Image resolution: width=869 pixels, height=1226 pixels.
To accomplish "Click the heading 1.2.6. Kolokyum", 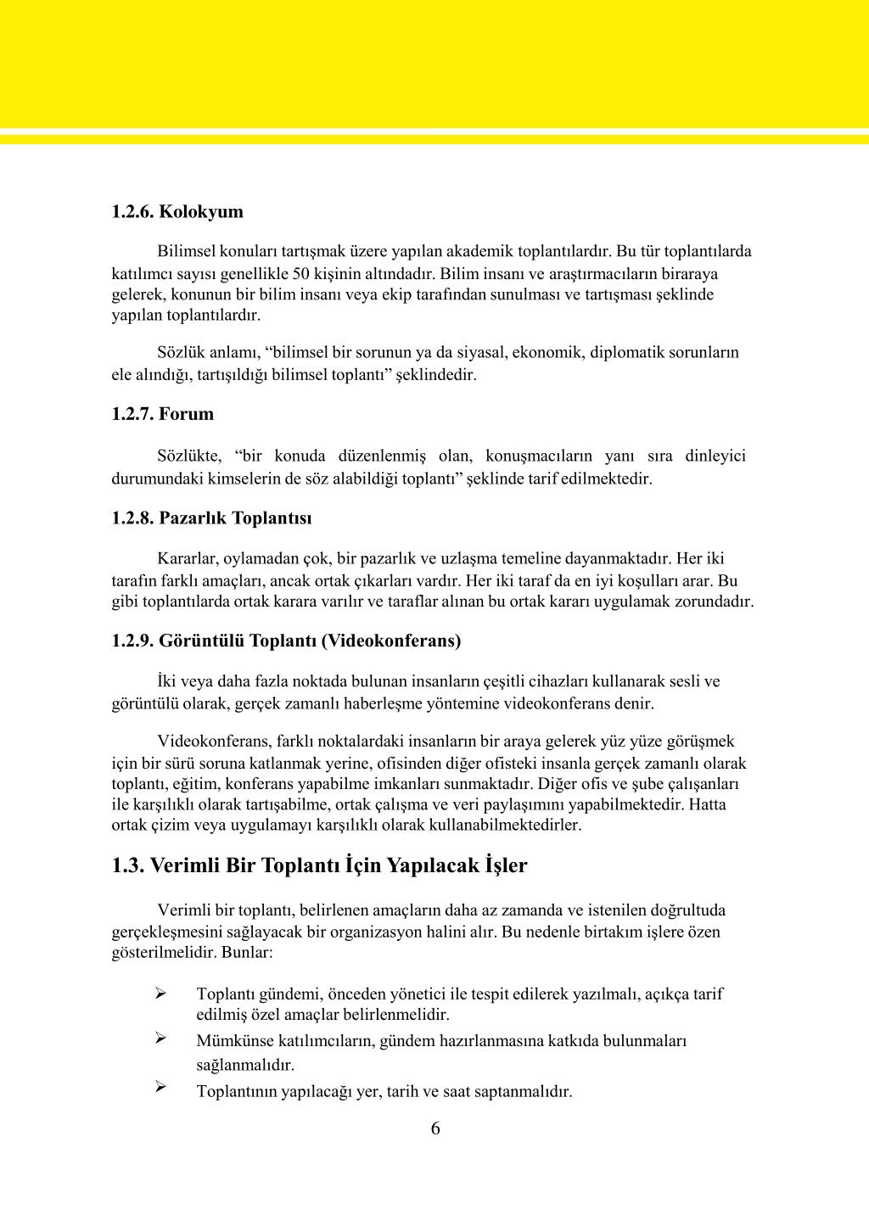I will [177, 212].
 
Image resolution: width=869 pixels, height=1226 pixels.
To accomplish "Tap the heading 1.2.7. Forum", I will [162, 415].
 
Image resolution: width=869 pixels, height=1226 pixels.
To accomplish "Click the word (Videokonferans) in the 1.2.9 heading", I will [391, 641].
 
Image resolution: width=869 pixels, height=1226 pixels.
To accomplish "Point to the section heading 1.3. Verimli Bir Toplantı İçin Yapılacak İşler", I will [319, 866].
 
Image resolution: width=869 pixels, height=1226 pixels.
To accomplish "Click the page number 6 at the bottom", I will [435, 1129].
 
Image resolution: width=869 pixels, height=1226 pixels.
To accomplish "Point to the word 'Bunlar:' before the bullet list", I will [246, 953].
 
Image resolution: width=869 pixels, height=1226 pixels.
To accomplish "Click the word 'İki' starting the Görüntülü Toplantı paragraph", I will [167, 681].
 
